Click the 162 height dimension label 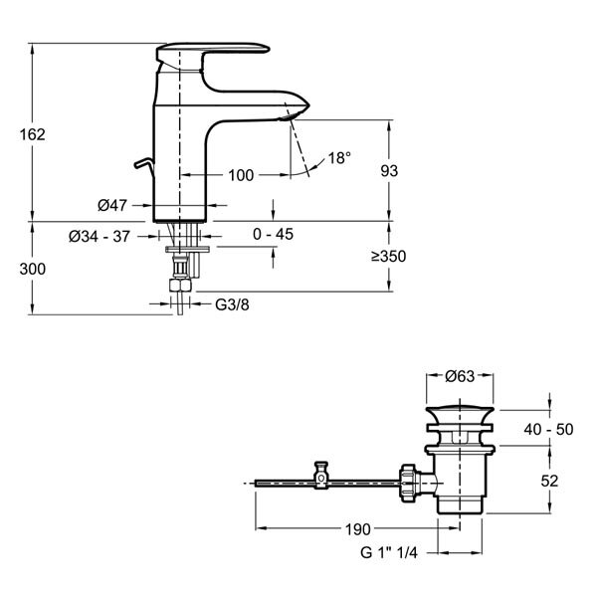click(x=33, y=134)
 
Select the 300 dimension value click(x=33, y=270)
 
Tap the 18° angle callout click(x=339, y=157)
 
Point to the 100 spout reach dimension click(x=241, y=175)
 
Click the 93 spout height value click(x=389, y=171)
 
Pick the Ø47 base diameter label click(x=111, y=206)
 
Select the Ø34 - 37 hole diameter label click(x=99, y=237)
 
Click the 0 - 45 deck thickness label click(x=273, y=234)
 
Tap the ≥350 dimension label click(x=389, y=257)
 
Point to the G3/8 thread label click(x=232, y=304)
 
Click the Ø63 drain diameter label click(x=460, y=376)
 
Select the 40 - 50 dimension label click(x=548, y=430)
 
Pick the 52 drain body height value click(x=549, y=482)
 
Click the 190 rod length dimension click(x=357, y=529)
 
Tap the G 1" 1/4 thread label click(x=389, y=552)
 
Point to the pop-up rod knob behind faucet click(x=144, y=164)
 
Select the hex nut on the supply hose click(x=180, y=285)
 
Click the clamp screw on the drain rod click(x=321, y=476)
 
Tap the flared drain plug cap click(x=460, y=415)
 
